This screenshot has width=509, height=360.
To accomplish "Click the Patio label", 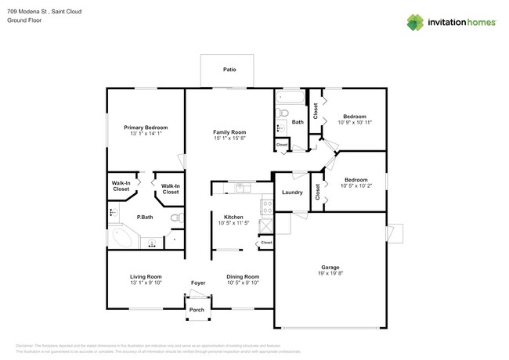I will tap(229, 69).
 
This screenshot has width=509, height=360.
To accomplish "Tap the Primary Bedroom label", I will tap(146, 128).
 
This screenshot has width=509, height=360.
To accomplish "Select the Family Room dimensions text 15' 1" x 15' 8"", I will tap(229, 139).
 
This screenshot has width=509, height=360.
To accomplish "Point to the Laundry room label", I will tap(292, 193).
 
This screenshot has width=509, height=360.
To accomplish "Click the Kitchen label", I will tap(233, 217).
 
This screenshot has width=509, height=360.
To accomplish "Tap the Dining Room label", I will tap(242, 276).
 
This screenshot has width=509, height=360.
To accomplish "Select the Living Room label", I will tap(146, 276).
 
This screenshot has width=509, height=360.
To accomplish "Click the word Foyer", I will tap(198, 283).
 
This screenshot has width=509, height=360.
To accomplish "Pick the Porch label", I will tap(197, 309).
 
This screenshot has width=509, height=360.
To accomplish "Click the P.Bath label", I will tap(145, 218).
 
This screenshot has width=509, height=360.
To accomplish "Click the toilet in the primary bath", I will tap(176, 218).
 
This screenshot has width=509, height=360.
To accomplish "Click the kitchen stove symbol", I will tap(266, 207).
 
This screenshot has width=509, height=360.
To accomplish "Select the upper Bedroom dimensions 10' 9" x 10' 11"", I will tap(355, 122).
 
